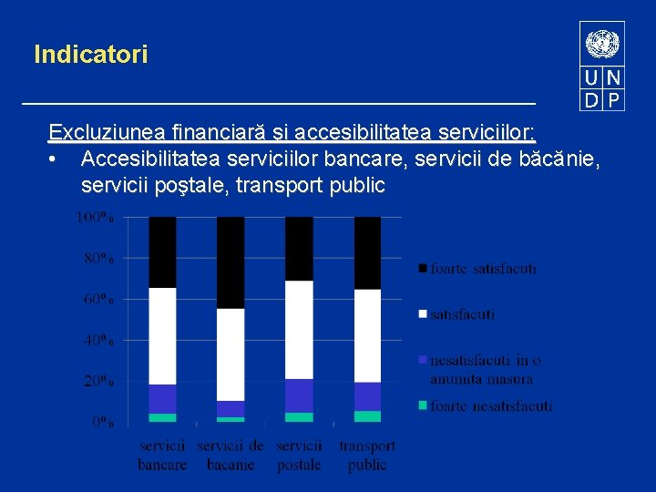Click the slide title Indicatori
(x=90, y=55)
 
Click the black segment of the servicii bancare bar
(x=162, y=251)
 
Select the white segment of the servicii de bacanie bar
(x=231, y=354)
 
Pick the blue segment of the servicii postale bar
(x=299, y=395)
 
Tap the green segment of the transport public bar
(x=367, y=416)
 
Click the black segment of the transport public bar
(x=367, y=252)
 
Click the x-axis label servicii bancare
(x=162, y=455)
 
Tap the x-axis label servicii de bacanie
(x=231, y=455)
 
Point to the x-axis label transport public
(x=367, y=455)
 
